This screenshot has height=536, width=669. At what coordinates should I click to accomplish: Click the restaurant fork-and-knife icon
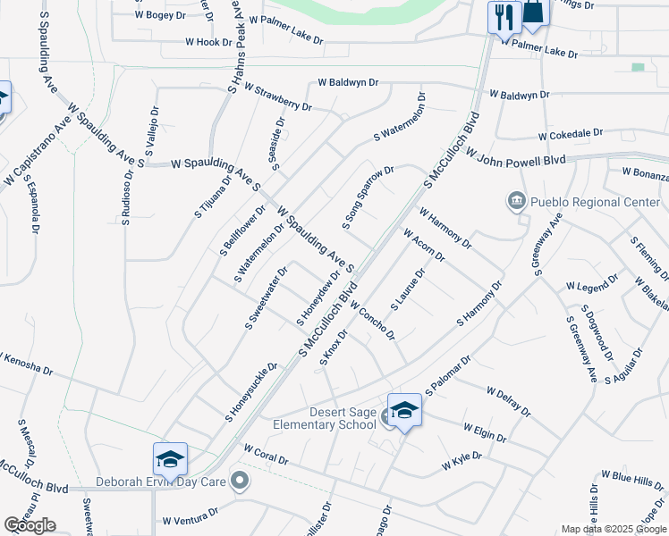pos(504,16)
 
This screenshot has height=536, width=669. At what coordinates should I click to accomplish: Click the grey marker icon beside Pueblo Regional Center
pos(516,202)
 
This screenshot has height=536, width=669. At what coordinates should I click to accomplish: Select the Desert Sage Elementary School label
pos(330,418)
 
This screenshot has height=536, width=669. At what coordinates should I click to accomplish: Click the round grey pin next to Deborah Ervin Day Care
pos(239,481)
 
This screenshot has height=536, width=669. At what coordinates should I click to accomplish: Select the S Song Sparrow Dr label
pos(368,197)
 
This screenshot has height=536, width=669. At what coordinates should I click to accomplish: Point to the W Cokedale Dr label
pos(576,135)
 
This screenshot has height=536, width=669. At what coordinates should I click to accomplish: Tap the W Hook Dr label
pos(208,42)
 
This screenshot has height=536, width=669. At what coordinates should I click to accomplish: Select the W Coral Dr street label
pos(266,454)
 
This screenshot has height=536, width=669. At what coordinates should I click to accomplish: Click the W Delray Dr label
pos(508,401)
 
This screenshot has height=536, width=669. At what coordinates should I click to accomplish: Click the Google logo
pos(30,525)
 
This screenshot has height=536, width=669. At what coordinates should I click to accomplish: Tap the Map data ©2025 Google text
pos(614,529)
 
